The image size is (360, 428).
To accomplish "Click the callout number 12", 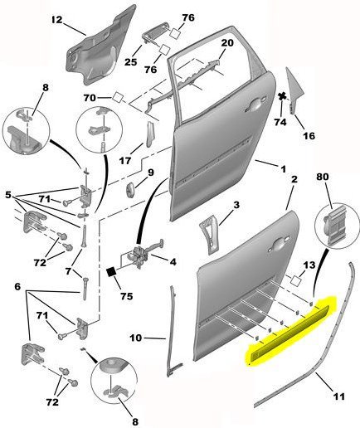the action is tap(57, 20).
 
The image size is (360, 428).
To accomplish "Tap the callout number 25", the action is tap(131, 61).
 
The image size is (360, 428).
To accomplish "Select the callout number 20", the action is tap(227, 43).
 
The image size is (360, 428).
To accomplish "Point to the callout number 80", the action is tap(324, 177).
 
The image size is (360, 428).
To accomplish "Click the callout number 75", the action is tap(127, 296).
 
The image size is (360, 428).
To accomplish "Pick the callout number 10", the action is tap(136, 338).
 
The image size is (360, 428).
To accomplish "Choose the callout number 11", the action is tap(339, 396).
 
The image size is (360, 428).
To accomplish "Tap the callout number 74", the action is tap(280, 122).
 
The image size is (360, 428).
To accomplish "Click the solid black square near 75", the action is tap(111, 272).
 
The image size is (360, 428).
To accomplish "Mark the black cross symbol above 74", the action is tap(282, 96).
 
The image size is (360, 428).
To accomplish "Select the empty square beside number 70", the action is tap(118, 98).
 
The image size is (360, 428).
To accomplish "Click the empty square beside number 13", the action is tap(295, 280).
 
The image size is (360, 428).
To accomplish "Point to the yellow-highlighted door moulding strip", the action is tap(289, 332).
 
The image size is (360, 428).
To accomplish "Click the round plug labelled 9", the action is tap(130, 190).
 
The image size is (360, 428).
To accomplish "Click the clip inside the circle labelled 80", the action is tap(335, 225).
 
